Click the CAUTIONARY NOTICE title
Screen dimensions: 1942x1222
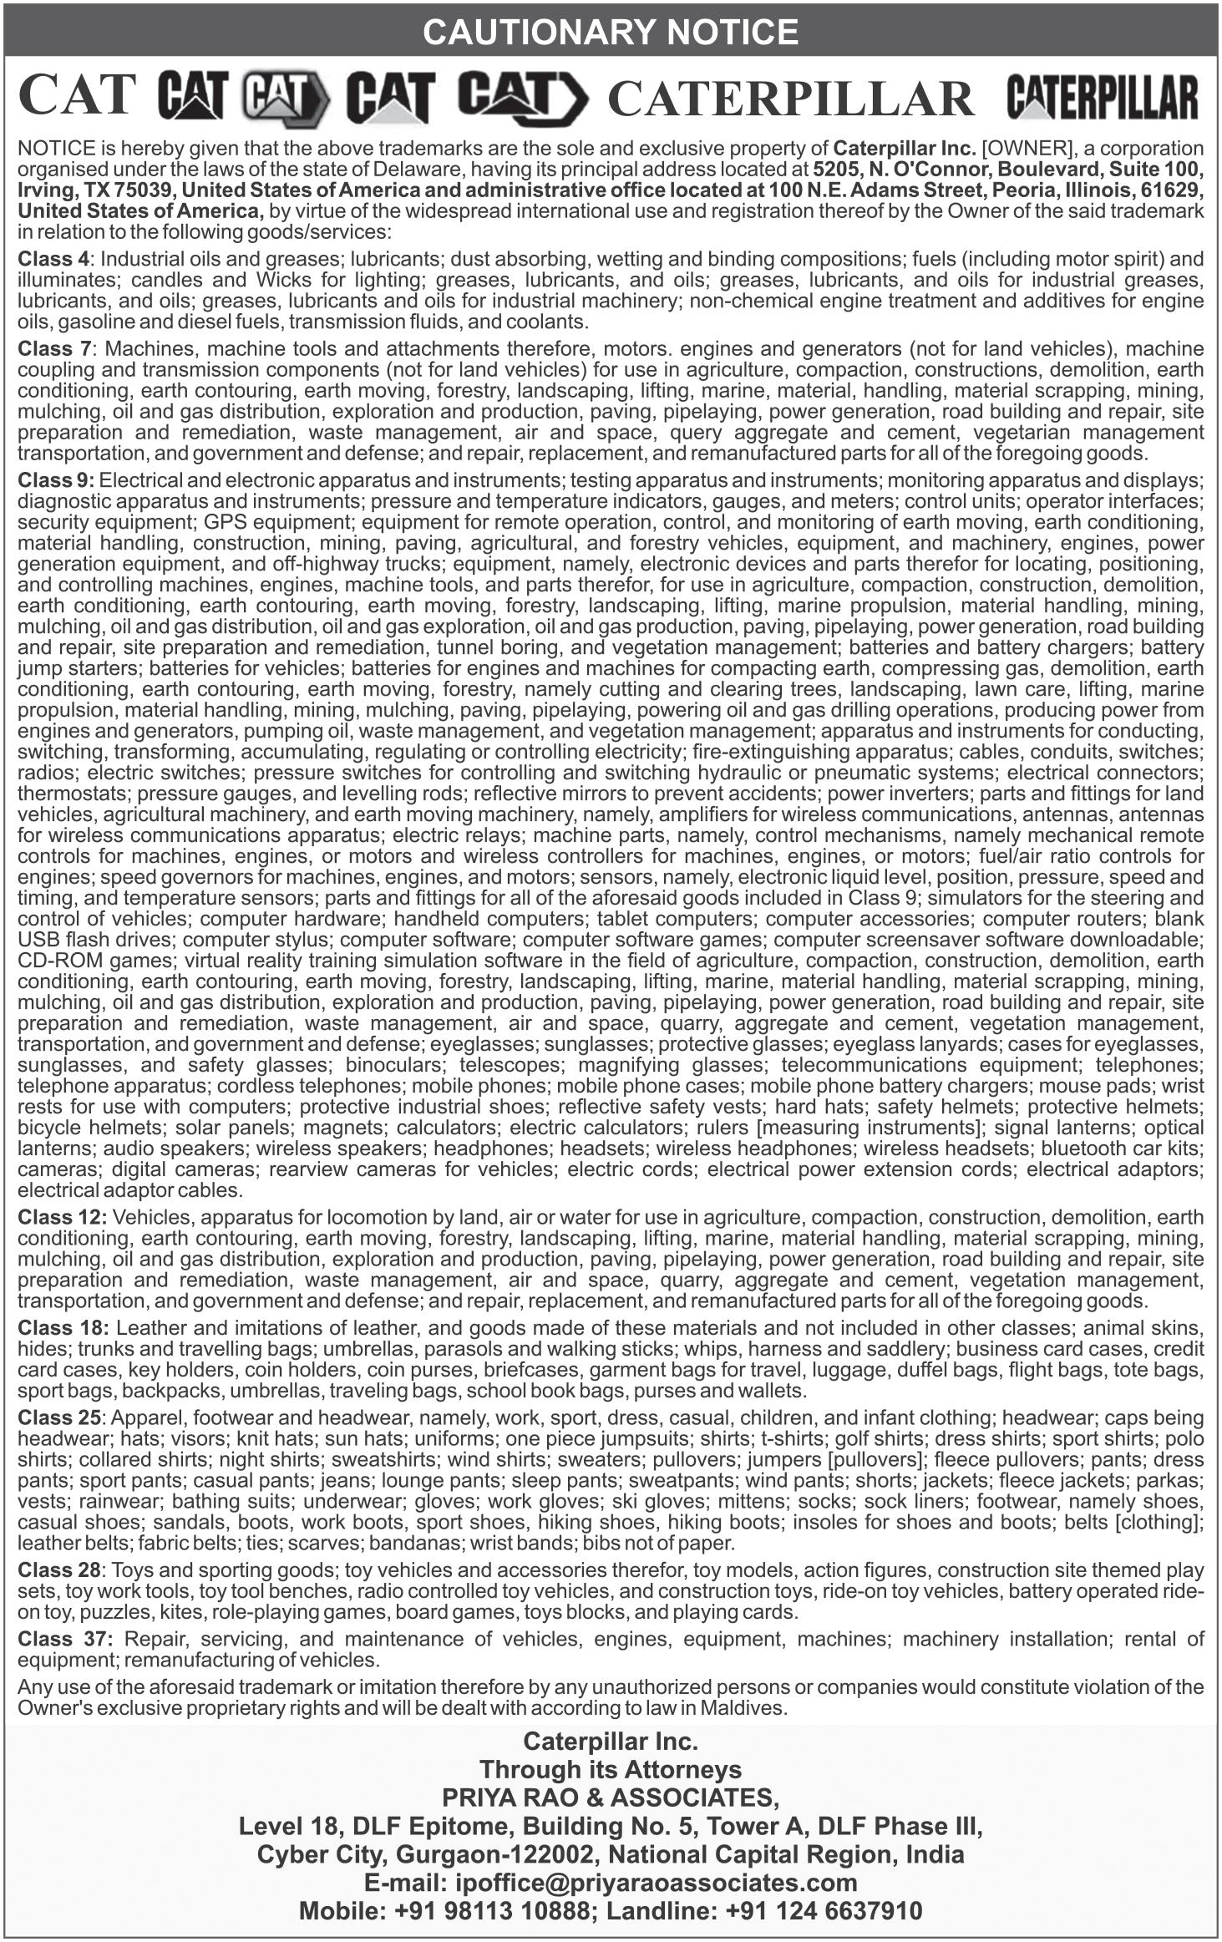click(x=611, y=33)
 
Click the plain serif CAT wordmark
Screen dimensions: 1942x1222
click(x=77, y=97)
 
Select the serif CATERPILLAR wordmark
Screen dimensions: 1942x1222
click(x=790, y=99)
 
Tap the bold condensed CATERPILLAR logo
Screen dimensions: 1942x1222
click(x=1102, y=98)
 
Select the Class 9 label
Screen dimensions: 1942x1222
click(x=55, y=480)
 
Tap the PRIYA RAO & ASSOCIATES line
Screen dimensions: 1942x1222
click(x=611, y=1796)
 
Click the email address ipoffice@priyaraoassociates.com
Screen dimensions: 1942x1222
click(x=657, y=1883)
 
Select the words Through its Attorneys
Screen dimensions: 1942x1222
click(x=611, y=1769)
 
